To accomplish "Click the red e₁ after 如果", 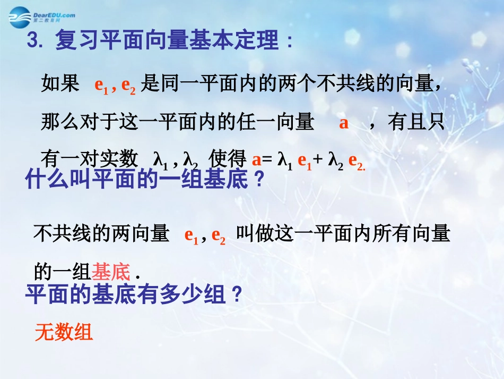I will (101, 86).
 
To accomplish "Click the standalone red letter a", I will (344, 123).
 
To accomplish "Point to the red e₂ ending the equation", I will (356, 161).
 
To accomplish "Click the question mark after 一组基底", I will (259, 181).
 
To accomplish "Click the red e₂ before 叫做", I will (218, 235).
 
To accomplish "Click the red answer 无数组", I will (64, 333).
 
